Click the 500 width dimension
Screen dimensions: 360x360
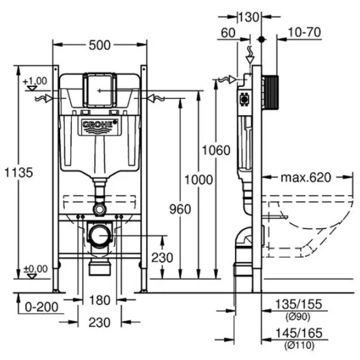click(x=100, y=45)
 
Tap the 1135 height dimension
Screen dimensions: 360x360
click(x=19, y=172)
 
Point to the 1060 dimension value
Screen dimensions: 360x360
click(x=216, y=151)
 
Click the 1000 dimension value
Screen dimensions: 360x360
click(x=199, y=179)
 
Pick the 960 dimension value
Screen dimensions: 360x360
click(x=180, y=209)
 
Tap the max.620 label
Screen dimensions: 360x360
click(x=306, y=177)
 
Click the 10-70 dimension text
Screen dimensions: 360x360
click(x=304, y=32)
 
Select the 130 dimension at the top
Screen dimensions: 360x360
click(x=249, y=17)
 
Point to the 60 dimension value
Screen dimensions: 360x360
click(x=228, y=32)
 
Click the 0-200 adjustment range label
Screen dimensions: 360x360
click(x=41, y=307)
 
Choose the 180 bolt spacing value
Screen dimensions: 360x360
click(x=100, y=300)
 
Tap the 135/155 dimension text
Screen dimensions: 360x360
click(x=298, y=304)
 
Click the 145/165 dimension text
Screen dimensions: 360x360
click(x=299, y=333)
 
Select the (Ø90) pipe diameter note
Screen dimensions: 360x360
click(x=298, y=317)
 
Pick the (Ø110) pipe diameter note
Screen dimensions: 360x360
click(x=299, y=346)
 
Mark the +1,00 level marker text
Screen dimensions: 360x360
click(x=35, y=81)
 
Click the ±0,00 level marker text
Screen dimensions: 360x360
click(x=35, y=269)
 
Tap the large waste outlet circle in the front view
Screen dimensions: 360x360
click(x=100, y=235)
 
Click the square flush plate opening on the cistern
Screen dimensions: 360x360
click(x=100, y=91)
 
